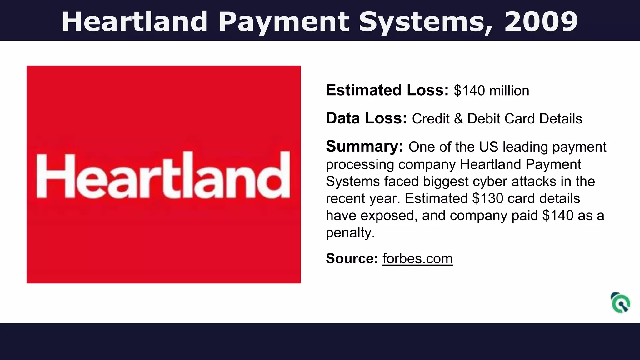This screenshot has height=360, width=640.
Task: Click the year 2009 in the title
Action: pyautogui.click(x=541, y=22)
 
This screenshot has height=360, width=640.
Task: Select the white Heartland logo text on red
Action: pyautogui.click(x=163, y=176)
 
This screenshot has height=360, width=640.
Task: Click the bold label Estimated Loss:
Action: pyautogui.click(x=387, y=90)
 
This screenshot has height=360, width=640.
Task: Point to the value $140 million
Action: pyautogui.click(x=492, y=91)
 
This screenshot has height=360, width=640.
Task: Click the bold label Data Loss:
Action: pyautogui.click(x=366, y=118)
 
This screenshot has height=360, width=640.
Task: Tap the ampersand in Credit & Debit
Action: pyautogui.click(x=458, y=119)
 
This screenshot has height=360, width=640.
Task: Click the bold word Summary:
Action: pyautogui.click(x=364, y=147)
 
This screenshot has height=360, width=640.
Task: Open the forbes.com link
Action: pyautogui.click(x=417, y=259)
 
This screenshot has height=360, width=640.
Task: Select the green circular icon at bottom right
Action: pyautogui.click(x=621, y=303)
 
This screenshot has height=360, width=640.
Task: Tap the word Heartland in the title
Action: pyautogui.click(x=135, y=22)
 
